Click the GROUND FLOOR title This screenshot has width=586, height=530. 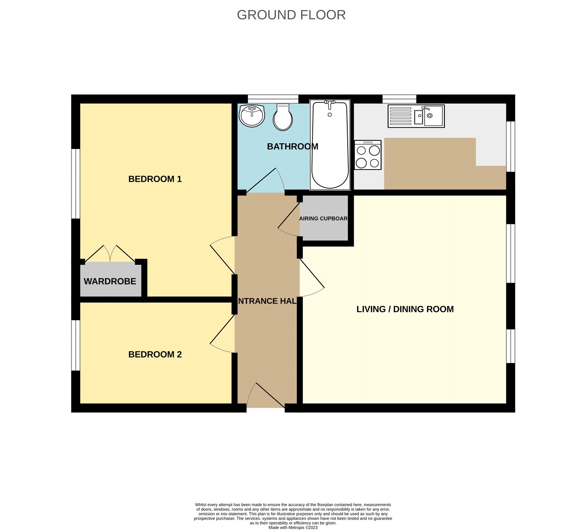pyautogui.click(x=291, y=15)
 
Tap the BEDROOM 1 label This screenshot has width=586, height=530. pyautogui.click(x=155, y=179)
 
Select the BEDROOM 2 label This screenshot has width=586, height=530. pyautogui.click(x=155, y=354)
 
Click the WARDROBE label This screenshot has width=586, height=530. pyautogui.click(x=110, y=281)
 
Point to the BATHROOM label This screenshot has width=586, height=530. pyautogui.click(x=292, y=146)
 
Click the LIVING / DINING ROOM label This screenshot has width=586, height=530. pyautogui.click(x=405, y=309)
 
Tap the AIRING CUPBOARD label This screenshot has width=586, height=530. pyautogui.click(x=323, y=219)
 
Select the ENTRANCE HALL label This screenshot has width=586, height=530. pyautogui.click(x=267, y=301)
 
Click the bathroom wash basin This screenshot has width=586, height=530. pyautogui.click(x=252, y=115)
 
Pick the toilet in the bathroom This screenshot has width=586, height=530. pyautogui.click(x=283, y=117)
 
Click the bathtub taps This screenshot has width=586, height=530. pyautogui.click(x=330, y=104)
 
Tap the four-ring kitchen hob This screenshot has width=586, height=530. pyautogui.click(x=368, y=155)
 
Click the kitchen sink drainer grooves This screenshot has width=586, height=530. pyautogui.click(x=400, y=116)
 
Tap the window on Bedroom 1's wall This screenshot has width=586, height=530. pyautogui.click(x=75, y=183)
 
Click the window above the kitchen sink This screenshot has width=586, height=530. pyautogui.click(x=399, y=99)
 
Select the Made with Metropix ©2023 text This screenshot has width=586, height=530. pyautogui.click(x=293, y=527)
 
